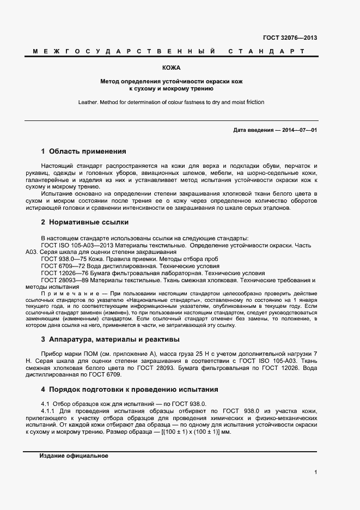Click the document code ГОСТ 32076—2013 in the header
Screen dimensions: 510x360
point(290,38)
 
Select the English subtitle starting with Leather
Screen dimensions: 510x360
point(172,102)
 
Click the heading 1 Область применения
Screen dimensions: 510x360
point(83,151)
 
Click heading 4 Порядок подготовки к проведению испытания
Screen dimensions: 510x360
point(129,390)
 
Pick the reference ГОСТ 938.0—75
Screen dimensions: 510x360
point(62,259)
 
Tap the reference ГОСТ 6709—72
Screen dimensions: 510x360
point(62,266)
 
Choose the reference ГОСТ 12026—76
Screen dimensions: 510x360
point(64,273)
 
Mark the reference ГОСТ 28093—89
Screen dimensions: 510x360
point(64,280)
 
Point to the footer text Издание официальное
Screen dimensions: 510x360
point(74,456)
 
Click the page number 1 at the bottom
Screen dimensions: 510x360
point(316,472)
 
